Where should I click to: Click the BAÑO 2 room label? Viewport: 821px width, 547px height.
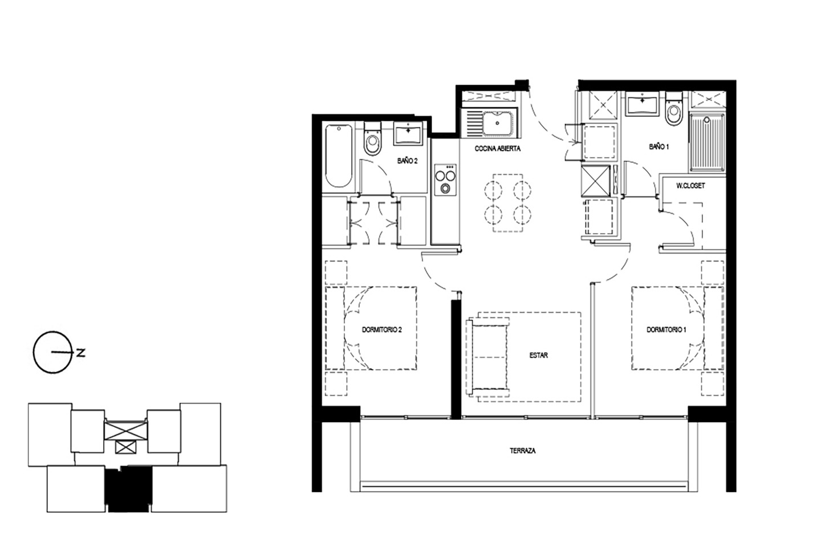[x=407, y=161]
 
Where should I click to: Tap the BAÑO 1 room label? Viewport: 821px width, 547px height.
[x=659, y=147]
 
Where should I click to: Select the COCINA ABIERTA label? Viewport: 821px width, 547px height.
[x=497, y=149]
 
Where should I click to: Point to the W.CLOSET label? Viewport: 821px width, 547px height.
[x=690, y=186]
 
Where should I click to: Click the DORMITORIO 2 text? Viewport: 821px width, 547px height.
[x=382, y=330]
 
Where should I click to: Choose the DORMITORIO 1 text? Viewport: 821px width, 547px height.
[x=666, y=330]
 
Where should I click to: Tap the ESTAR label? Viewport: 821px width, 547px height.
[x=539, y=355]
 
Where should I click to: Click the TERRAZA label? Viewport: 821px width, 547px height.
[x=523, y=451]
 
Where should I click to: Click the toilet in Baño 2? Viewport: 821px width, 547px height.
[x=373, y=138]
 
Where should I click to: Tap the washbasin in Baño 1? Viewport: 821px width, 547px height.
[x=642, y=104]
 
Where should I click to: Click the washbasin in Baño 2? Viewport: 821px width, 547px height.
[x=408, y=134]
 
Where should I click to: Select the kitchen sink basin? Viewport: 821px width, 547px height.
[x=497, y=123]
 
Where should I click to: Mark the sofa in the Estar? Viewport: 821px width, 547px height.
[x=487, y=357]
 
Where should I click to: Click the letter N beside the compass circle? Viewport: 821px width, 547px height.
[x=80, y=353]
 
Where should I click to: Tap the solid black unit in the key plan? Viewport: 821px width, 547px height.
[x=128, y=488]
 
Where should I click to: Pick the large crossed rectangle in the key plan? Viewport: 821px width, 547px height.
[x=125, y=431]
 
